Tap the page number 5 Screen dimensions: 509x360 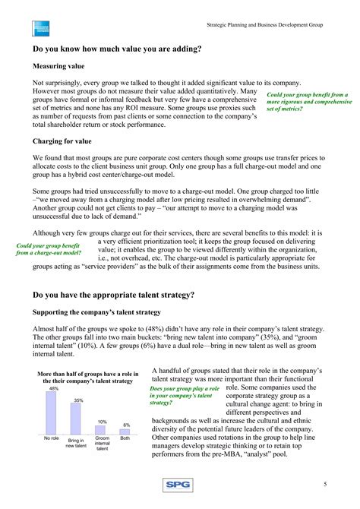325,485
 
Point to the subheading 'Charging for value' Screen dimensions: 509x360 65,141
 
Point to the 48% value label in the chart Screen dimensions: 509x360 53,388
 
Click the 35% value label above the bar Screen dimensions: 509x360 78,400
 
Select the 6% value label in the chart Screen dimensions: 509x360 126,425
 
